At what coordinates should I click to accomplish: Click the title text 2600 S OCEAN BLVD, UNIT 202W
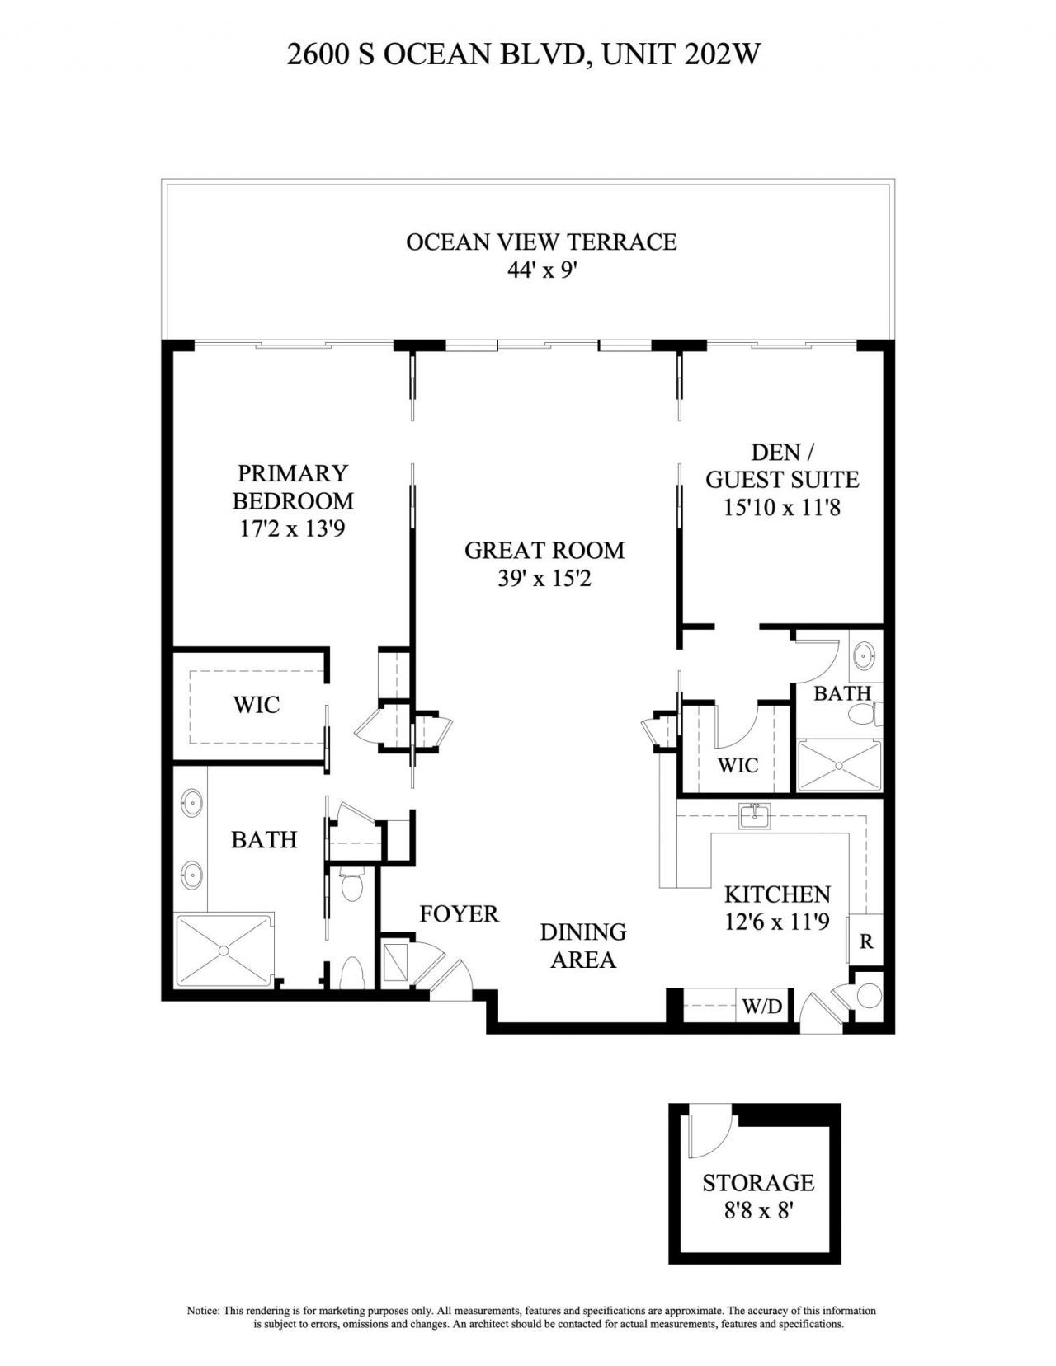[523, 54]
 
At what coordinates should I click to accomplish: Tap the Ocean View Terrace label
[541, 242]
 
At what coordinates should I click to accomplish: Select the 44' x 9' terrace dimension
[540, 270]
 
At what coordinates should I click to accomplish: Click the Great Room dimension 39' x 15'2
[544, 579]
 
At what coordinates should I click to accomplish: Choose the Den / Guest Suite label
[781, 466]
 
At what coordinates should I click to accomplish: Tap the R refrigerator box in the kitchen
[866, 941]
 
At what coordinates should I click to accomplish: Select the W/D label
[761, 1007]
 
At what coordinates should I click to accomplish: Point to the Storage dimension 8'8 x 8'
[757, 1212]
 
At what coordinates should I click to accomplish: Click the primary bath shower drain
[224, 950]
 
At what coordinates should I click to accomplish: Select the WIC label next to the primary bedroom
[256, 705]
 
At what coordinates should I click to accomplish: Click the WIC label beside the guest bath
[738, 765]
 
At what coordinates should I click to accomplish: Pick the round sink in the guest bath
[864, 657]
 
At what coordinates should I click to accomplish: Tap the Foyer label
[459, 913]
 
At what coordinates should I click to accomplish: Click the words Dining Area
[582, 946]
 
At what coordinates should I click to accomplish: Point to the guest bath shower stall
[838, 766]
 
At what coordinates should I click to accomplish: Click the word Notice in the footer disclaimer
[202, 1310]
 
